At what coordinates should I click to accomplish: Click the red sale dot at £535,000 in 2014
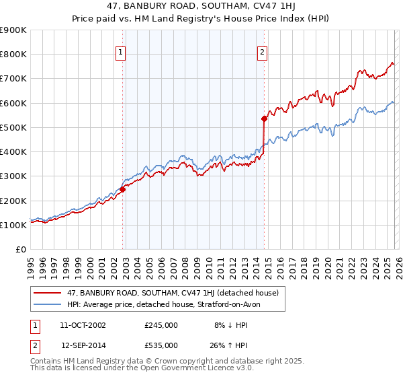tap(264, 118)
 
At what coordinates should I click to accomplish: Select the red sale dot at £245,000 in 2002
tap(123, 189)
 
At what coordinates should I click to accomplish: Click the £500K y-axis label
tap(13, 127)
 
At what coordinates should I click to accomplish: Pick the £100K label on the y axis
tap(13, 225)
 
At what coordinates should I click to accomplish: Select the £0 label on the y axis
tap(21, 249)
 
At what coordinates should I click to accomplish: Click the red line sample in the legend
tap(48, 293)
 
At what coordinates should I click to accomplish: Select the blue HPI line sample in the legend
tap(48, 305)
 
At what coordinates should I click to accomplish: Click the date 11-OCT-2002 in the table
tap(83, 324)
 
